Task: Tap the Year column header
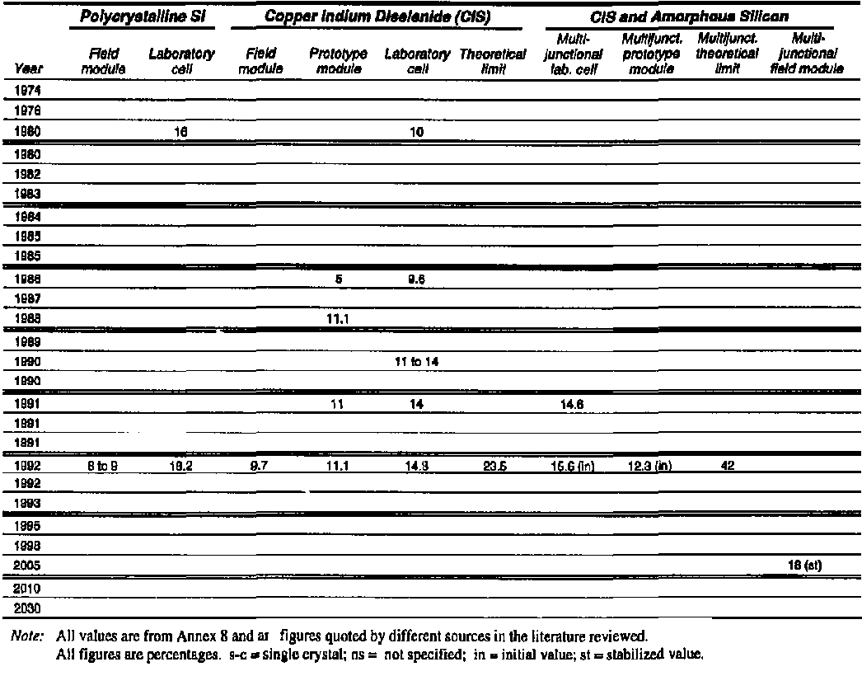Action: click(30, 69)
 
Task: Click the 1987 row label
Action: click(29, 298)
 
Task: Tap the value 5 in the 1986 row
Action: click(338, 279)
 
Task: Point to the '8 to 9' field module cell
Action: click(103, 465)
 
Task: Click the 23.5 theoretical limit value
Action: click(494, 465)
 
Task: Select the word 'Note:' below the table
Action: click(30, 636)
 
